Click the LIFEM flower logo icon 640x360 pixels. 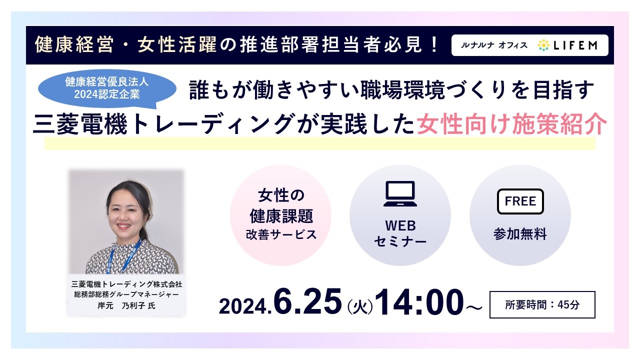543,45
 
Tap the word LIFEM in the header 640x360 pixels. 575,45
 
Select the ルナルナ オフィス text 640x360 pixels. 494,45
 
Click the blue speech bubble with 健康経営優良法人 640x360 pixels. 107,88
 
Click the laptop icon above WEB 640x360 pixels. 400,193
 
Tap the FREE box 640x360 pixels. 520,201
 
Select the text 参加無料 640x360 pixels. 520,233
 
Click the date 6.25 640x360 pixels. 307,301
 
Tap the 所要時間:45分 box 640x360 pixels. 542,304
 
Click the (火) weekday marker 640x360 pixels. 360,307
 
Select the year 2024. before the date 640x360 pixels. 245,306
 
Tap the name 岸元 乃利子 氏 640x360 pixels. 126,305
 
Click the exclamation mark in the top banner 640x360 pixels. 435,45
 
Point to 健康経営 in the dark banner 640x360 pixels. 74,45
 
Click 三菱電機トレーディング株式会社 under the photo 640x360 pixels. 126,284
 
